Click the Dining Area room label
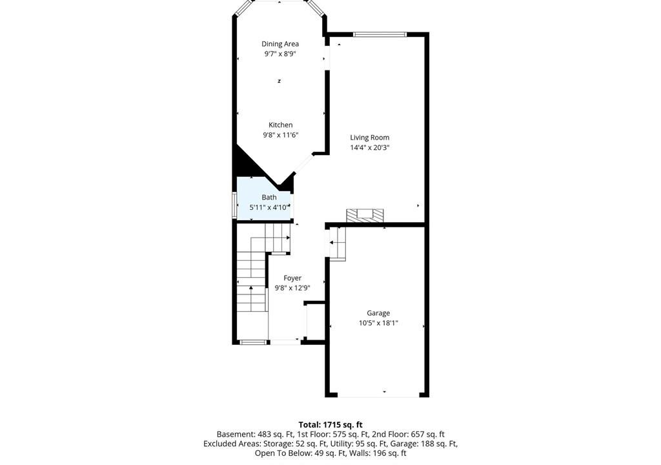pyautogui.click(x=280, y=44)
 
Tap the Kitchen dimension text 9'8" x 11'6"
pyautogui.click(x=281, y=135)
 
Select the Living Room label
pyautogui.click(x=370, y=138)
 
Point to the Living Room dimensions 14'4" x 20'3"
pyautogui.click(x=370, y=148)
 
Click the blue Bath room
pyautogui.click(x=265, y=198)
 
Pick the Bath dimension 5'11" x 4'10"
pyautogui.click(x=269, y=207)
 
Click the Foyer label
pyautogui.click(x=292, y=278)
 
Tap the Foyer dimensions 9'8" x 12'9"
pyautogui.click(x=292, y=288)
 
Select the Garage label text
pyautogui.click(x=378, y=313)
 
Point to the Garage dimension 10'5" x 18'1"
pyautogui.click(x=378, y=323)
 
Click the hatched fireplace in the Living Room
pyautogui.click(x=365, y=215)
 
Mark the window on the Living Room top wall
pyautogui.click(x=380, y=35)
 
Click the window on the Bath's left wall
pyautogui.click(x=235, y=205)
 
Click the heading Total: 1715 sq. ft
pyautogui.click(x=330, y=425)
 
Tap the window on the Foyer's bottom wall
pyautogui.click(x=253, y=342)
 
